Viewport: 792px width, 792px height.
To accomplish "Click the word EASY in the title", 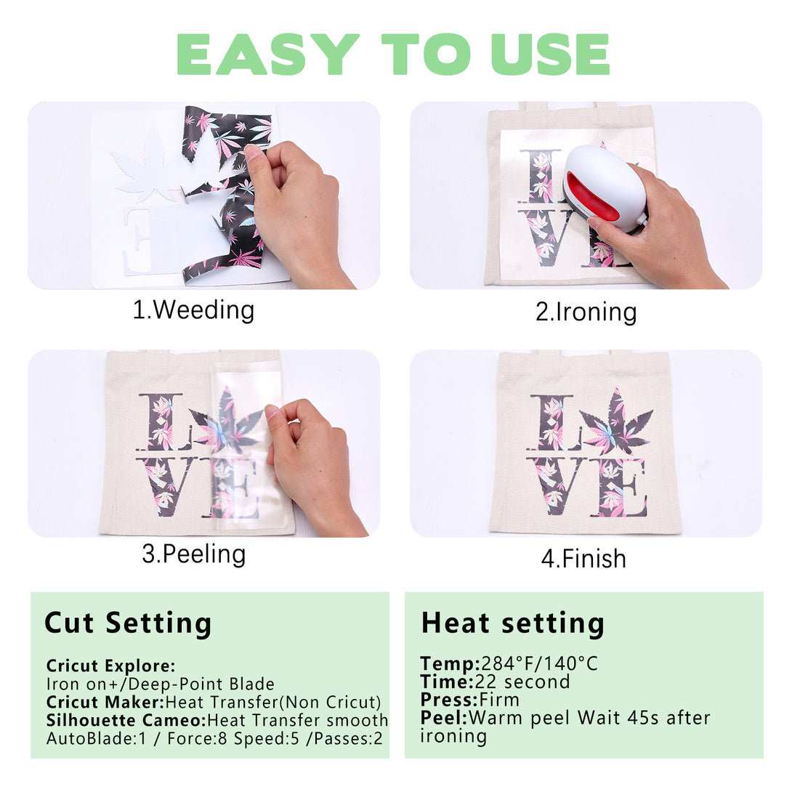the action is click(267, 54).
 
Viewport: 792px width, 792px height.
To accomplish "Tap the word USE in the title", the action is click(550, 54).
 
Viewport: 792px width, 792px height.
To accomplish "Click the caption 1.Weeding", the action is click(193, 310).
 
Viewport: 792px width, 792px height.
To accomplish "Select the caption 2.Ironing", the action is click(586, 312).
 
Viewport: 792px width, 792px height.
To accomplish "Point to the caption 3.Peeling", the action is click(194, 554).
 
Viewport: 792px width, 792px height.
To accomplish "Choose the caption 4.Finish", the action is click(583, 559).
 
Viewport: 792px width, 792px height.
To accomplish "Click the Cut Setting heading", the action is click(128, 623).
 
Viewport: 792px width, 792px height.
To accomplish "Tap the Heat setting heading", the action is click(513, 623).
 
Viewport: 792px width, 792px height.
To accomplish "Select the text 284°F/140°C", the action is click(539, 663).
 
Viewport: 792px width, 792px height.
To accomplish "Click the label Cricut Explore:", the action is click(110, 666).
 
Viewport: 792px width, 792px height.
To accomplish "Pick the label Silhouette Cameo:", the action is click(126, 720).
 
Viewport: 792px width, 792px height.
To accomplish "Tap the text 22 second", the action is click(522, 682).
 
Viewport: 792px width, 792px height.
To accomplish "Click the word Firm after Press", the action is click(499, 700).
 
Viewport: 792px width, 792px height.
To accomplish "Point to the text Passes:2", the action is click(348, 738).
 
